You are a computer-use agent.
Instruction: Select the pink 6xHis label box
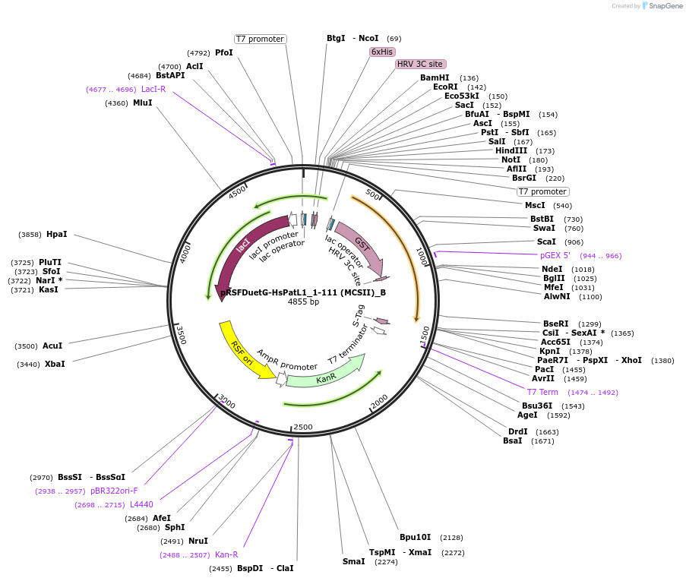coord(381,52)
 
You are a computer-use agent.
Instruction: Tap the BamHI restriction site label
coord(435,77)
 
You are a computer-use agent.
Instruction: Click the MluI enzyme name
coord(142,103)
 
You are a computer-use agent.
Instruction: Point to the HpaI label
coord(57,234)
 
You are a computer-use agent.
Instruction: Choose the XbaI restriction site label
coord(55,364)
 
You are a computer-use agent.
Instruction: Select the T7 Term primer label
coord(542,392)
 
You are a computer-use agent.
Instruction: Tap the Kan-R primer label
coord(226,554)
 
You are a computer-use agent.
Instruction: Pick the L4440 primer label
coord(141,504)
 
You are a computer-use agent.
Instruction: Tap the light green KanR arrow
coord(326,377)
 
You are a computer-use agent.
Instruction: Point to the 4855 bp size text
coord(303,302)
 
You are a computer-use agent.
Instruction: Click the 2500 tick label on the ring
coord(303,428)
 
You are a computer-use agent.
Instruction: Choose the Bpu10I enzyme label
coord(415,537)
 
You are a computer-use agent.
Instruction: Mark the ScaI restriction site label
coord(546,242)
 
